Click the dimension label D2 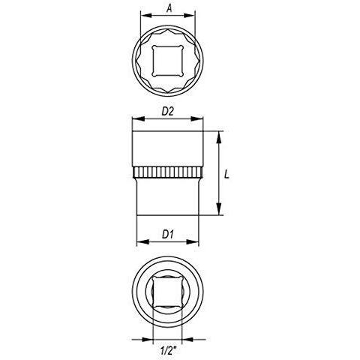coord(169,111)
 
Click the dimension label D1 coord(169,234)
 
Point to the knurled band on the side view coord(169,173)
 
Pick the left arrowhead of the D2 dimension coord(135,118)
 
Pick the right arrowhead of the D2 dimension coord(202,118)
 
